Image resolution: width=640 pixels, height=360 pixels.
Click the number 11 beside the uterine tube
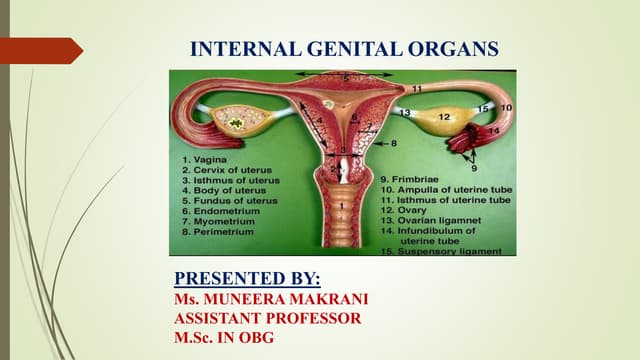[x=415, y=89]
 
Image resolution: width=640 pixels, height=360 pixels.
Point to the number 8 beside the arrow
[x=394, y=144]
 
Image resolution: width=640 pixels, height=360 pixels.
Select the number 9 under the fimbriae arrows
[x=474, y=169]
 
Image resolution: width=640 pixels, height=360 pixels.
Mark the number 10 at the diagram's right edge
[x=507, y=106]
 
